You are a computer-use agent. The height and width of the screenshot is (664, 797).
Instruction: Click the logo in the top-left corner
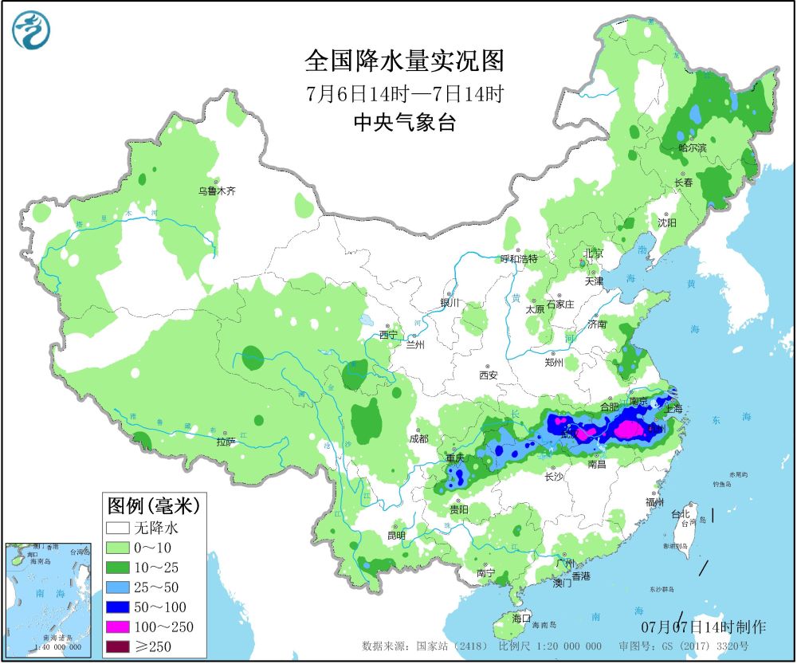click(x=31, y=30)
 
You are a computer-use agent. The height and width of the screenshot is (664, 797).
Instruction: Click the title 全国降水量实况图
click(x=404, y=61)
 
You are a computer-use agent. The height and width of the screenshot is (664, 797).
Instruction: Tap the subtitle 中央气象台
click(x=404, y=122)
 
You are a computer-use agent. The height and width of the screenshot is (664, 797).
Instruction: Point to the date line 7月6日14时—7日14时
click(x=404, y=93)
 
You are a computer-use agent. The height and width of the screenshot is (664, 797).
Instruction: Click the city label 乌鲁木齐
click(x=218, y=191)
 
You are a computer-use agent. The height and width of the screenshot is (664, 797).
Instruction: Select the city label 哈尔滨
click(x=692, y=148)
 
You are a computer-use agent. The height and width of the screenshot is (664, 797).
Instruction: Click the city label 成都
click(x=418, y=439)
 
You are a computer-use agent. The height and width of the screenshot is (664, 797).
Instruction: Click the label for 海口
click(x=521, y=619)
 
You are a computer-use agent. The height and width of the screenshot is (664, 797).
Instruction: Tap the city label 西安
click(x=489, y=375)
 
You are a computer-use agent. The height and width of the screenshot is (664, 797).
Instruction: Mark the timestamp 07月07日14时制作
click(x=704, y=627)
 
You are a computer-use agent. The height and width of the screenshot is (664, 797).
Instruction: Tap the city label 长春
click(x=684, y=183)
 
